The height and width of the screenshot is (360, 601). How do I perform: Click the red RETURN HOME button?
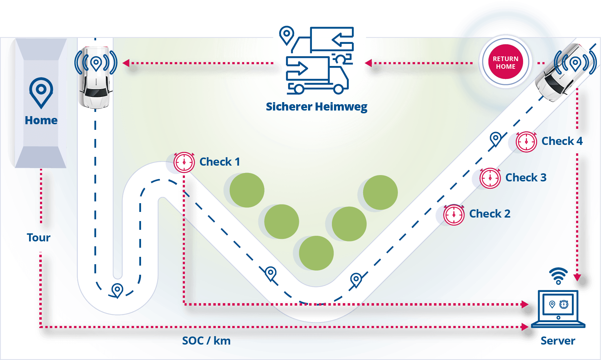tap(506, 62)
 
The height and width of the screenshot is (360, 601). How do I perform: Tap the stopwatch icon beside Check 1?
tap(184, 162)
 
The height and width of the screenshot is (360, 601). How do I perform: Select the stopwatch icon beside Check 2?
tap(454, 214)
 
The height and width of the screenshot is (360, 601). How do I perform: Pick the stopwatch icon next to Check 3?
tap(490, 178)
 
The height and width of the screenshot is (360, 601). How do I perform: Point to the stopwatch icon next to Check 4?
tap(526, 142)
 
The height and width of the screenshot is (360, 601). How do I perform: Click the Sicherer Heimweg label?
tap(316, 107)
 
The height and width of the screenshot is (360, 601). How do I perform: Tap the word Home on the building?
tap(41, 120)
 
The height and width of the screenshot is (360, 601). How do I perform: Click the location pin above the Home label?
tap(41, 92)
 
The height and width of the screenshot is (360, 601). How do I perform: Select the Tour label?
tap(39, 238)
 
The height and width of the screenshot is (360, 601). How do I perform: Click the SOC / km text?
tap(206, 341)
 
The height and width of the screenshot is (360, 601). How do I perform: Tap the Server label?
tap(557, 341)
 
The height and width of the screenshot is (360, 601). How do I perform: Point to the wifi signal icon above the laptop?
tap(558, 275)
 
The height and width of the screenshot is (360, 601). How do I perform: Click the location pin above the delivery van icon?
tap(287, 35)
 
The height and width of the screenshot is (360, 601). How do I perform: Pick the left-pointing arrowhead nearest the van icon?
tap(368, 63)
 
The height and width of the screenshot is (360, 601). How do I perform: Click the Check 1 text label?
tap(220, 162)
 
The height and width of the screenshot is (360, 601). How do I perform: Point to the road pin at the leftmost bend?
tap(117, 290)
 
